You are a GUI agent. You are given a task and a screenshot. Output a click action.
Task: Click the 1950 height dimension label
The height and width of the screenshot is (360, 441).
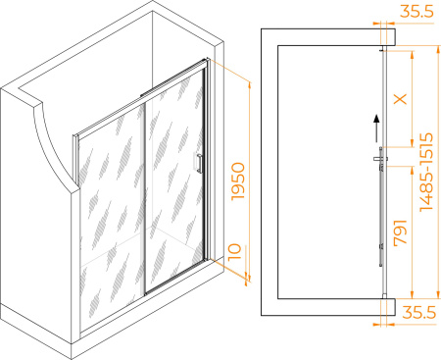[x=238, y=181]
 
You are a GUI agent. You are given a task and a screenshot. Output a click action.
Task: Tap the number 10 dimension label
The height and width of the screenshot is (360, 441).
[x=234, y=252]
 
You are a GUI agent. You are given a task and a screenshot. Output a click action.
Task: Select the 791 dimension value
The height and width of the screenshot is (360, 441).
[x=401, y=232]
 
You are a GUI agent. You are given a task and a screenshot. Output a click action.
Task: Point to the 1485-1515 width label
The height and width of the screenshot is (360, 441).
[x=426, y=172]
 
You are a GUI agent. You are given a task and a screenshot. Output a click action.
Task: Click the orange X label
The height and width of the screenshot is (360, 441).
[x=401, y=98]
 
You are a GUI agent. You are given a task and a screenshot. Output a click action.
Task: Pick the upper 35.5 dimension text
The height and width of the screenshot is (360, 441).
[x=417, y=12]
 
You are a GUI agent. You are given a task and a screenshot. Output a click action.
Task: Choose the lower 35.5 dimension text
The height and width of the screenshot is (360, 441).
[x=419, y=312]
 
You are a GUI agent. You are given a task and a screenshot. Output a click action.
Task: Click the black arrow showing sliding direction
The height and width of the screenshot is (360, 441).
[x=376, y=129]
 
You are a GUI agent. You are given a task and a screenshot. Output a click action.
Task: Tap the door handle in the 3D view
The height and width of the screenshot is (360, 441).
[x=199, y=163]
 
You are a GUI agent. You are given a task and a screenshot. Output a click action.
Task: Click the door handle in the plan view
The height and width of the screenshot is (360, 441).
[x=380, y=159]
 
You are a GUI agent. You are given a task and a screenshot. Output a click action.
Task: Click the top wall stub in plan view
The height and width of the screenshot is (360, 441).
[x=388, y=36]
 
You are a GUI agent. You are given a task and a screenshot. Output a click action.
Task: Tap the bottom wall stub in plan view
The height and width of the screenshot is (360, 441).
[x=388, y=307]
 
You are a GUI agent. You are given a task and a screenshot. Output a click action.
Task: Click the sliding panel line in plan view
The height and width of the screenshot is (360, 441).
[x=381, y=207]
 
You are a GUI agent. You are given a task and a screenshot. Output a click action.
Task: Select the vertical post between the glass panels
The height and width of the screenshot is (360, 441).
[x=145, y=198]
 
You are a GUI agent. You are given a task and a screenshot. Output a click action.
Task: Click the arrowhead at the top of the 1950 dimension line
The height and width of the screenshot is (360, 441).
[x=250, y=86]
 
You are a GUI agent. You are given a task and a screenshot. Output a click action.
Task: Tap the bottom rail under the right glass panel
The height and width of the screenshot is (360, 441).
[x=175, y=278]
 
